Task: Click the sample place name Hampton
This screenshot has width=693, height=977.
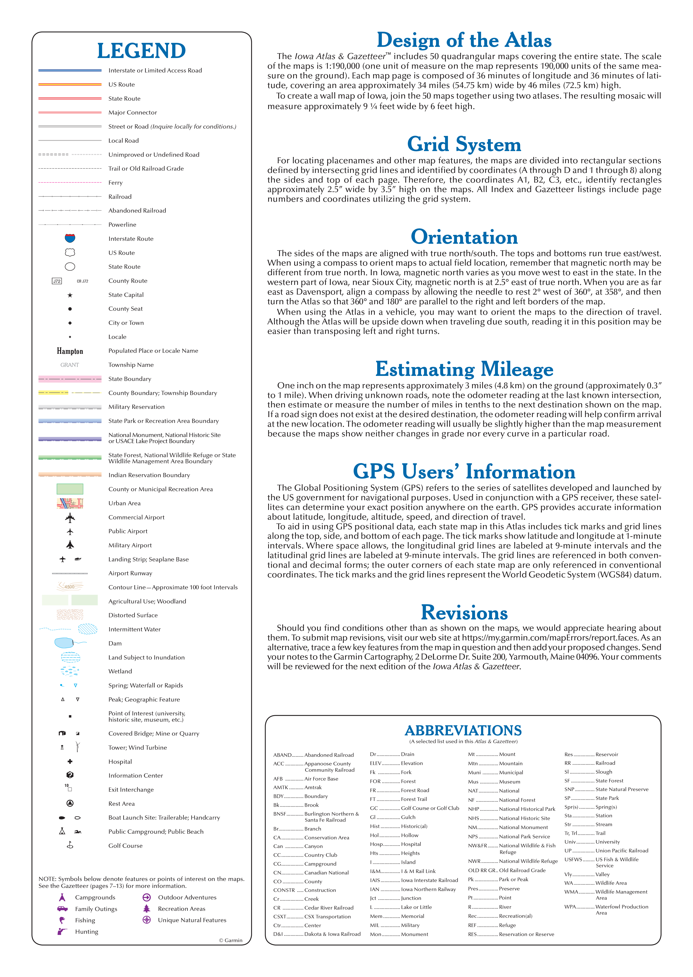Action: [70, 351]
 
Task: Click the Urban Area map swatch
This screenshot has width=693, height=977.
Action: [70, 503]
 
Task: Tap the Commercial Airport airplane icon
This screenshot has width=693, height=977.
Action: [70, 517]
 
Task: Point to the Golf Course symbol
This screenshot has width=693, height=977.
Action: [70, 845]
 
